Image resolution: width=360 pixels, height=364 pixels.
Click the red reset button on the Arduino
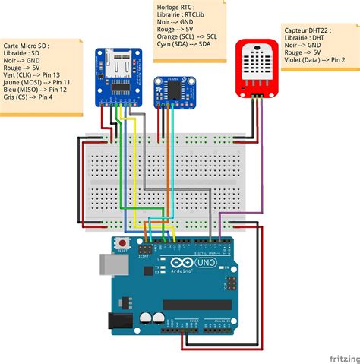coord(122,244)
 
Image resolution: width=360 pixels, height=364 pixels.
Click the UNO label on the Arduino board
coord(207,262)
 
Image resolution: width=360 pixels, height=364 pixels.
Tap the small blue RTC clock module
coord(173,92)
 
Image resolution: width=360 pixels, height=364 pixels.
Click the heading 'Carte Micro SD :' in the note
coord(27,45)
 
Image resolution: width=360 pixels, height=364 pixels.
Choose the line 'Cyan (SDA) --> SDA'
coord(182,44)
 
